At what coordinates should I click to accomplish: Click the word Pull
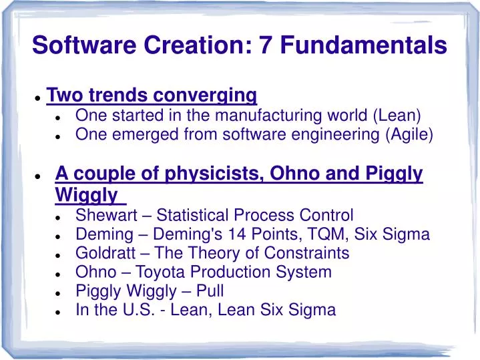click(210, 291)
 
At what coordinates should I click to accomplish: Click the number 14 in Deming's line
click(249, 234)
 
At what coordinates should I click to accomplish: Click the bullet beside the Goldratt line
click(59, 254)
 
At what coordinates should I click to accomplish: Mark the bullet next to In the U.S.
click(59, 311)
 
